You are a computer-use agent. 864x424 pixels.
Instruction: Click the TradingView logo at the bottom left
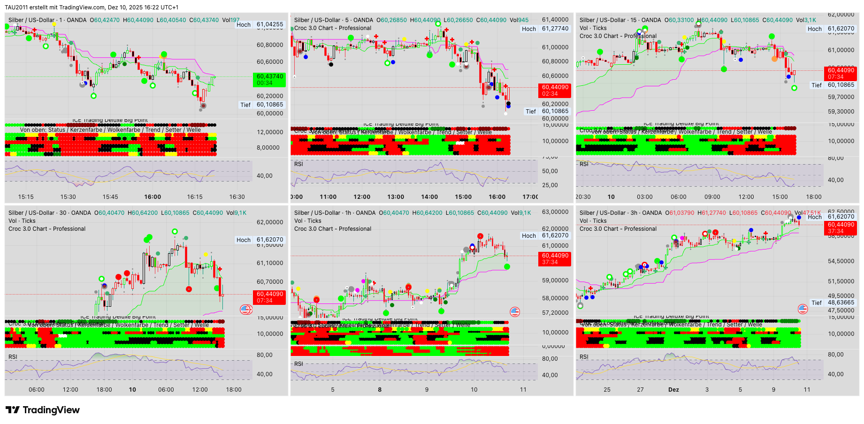(x=43, y=410)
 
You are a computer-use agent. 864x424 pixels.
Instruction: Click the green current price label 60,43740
(x=270, y=76)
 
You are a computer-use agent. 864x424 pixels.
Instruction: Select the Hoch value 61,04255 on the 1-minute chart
(x=270, y=24)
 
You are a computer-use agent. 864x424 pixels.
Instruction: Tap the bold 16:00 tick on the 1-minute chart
(x=153, y=197)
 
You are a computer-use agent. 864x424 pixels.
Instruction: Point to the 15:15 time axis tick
(x=26, y=197)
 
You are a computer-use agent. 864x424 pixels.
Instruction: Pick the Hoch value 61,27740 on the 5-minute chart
(x=555, y=29)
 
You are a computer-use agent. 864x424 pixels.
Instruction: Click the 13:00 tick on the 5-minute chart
(x=396, y=197)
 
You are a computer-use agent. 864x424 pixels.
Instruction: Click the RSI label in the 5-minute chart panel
(x=298, y=164)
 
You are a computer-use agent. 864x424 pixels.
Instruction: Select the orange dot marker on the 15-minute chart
(x=774, y=59)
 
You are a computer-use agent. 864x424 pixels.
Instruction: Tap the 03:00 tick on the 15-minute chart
(x=645, y=197)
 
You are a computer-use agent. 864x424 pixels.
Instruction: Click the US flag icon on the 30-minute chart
(x=245, y=309)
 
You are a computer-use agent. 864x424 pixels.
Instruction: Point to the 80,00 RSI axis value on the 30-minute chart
(x=265, y=355)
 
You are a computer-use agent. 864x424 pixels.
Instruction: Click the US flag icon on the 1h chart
(x=515, y=312)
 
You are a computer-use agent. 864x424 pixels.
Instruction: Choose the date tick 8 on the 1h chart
(x=380, y=390)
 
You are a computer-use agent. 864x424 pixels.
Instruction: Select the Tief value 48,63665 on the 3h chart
(x=841, y=303)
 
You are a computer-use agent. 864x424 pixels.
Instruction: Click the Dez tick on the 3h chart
(x=673, y=390)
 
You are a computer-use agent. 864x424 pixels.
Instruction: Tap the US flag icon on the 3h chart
(x=803, y=309)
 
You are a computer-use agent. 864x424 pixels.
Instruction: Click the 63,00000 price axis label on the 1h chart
(x=555, y=212)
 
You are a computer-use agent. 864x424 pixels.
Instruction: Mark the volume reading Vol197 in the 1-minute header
(x=231, y=20)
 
